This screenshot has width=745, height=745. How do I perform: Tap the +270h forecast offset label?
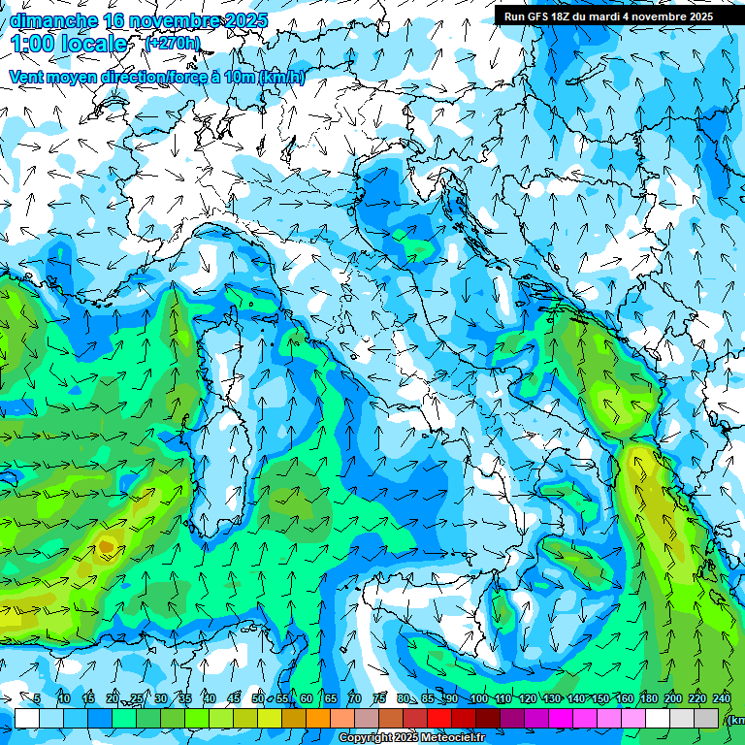tap(173, 43)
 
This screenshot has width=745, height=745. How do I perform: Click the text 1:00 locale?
tap(68, 44)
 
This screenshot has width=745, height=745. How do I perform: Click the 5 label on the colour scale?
tap(37, 698)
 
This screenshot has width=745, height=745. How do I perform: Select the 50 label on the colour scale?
tap(257, 698)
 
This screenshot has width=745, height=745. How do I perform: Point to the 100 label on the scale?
tap(478, 698)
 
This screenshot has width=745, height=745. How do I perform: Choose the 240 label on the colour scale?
tap(721, 698)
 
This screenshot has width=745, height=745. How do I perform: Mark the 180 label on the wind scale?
tap(648, 698)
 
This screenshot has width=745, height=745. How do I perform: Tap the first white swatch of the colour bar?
tap(27, 718)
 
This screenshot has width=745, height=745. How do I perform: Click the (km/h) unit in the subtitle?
tap(282, 78)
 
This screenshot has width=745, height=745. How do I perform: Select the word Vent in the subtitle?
tap(26, 78)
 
